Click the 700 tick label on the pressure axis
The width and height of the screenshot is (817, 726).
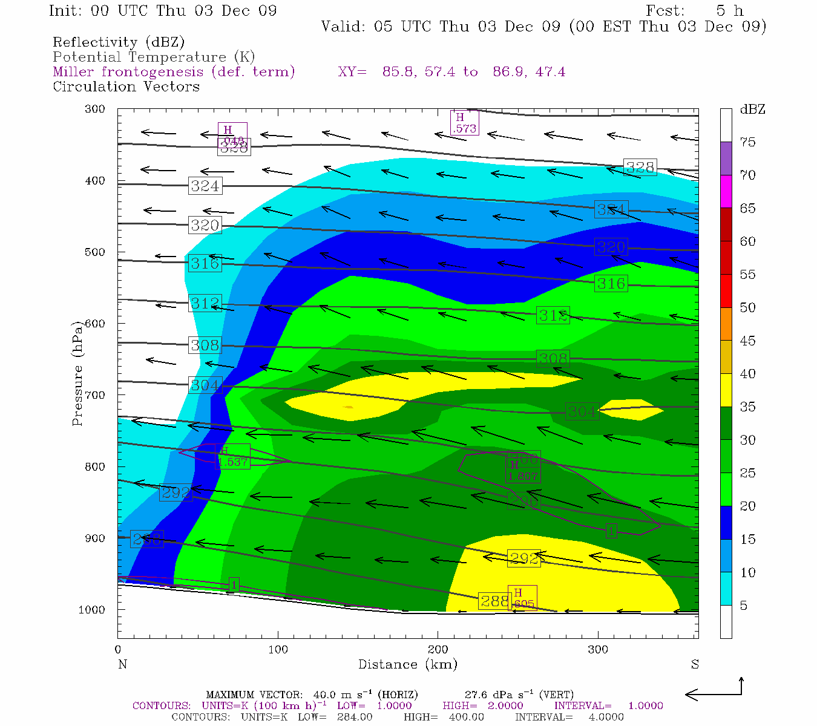[94, 395]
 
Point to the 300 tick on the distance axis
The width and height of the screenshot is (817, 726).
[598, 649]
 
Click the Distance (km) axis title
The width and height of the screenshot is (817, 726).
[407, 664]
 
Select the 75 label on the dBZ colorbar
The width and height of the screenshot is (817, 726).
[747, 142]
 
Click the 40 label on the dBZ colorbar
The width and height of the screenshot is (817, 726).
[747, 374]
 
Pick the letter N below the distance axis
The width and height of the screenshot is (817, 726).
[122, 664]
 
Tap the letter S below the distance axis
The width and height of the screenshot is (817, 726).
[695, 664]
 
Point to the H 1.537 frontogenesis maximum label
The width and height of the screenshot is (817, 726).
[232, 457]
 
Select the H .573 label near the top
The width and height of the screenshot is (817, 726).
[464, 123]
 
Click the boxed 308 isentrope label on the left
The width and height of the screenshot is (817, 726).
[205, 345]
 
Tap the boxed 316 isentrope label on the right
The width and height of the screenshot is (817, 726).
[611, 283]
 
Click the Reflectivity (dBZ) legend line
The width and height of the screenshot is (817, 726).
[119, 42]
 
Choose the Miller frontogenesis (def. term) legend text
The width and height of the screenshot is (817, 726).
[174, 72]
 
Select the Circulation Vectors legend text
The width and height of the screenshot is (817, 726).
[126, 87]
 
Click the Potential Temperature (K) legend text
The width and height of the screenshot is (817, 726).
[154, 57]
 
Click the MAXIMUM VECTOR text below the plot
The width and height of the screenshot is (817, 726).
[254, 695]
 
